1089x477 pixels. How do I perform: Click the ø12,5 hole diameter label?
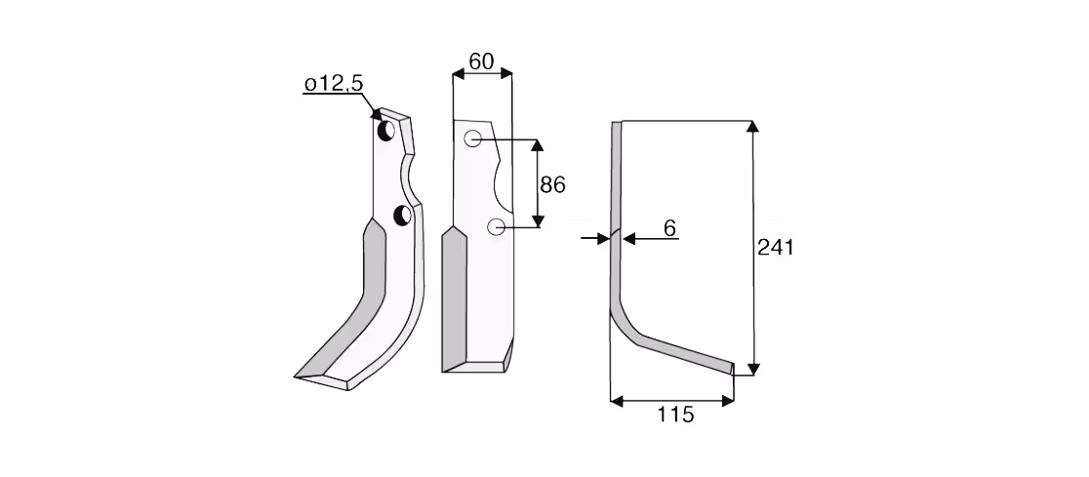tap(334, 84)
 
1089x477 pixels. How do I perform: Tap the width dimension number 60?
tap(481, 61)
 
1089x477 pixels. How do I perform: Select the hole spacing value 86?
tap(553, 184)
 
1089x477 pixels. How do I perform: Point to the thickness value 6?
tap(669, 228)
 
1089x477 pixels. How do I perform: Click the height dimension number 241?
tap(775, 247)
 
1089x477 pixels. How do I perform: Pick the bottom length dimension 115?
tap(675, 415)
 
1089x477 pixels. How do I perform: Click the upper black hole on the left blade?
tap(385, 130)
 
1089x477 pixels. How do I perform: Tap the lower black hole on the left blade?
tap(402, 216)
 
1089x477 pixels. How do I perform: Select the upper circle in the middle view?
tap(473, 139)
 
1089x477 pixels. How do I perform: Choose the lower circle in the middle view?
tap(496, 226)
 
